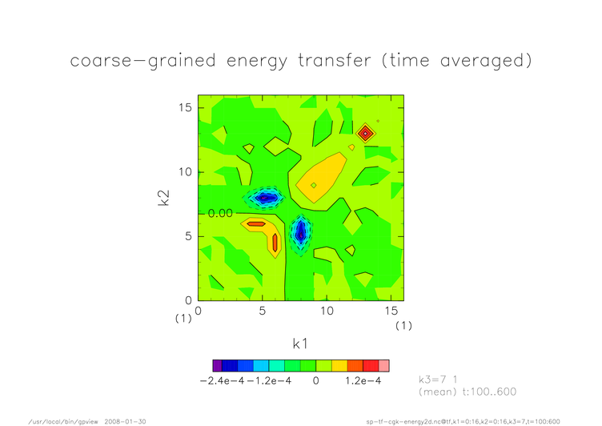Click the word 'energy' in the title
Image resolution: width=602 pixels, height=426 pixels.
click(257, 62)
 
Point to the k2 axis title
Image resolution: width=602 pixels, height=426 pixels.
click(164, 199)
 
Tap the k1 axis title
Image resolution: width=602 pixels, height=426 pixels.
click(300, 344)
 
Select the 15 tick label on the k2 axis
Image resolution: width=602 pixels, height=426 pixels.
click(185, 107)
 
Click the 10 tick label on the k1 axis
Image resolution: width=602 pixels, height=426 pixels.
click(327, 311)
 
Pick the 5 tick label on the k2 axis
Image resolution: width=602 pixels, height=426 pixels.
click(188, 236)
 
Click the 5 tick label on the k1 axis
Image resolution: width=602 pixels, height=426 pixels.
click(263, 311)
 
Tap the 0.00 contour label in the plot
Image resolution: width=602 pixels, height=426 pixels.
click(220, 213)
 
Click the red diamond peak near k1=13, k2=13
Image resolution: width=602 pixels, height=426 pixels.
click(366, 133)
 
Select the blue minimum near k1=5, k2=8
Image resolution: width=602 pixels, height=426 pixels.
click(265, 199)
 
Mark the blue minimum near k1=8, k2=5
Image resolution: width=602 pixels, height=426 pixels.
click(301, 232)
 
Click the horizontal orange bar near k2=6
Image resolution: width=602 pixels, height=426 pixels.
click(256, 224)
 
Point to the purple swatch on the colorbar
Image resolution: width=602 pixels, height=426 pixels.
click(217, 366)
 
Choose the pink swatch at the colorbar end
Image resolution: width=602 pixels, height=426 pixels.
click(384, 366)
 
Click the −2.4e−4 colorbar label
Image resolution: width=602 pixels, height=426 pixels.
click(222, 380)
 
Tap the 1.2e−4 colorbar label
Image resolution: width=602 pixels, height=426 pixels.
click(363, 380)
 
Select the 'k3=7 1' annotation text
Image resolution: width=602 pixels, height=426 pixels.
click(438, 380)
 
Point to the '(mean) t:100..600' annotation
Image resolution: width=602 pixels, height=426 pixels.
click(468, 392)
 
